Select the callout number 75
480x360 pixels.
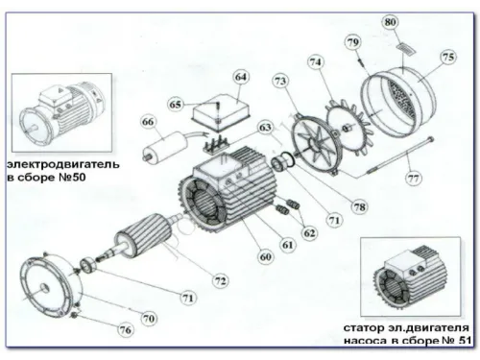pos(448,57)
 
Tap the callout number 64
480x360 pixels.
pos(240,77)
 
